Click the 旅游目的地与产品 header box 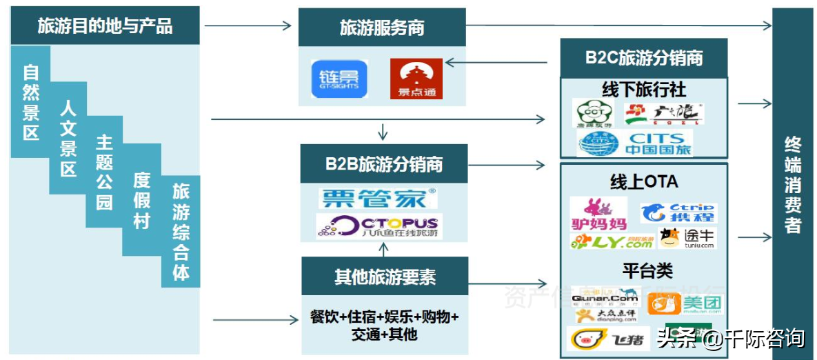point(105,26)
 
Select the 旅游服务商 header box point(382,28)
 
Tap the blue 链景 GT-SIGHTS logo point(339,79)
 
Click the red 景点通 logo point(416,79)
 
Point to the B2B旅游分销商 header point(384,164)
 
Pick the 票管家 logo point(378,199)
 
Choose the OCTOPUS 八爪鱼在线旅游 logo point(379,226)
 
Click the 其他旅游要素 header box point(385,277)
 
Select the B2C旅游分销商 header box point(644,58)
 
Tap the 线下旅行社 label point(644,89)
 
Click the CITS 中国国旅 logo point(635,143)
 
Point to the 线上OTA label point(644,181)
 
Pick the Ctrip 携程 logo point(678,212)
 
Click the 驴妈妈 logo point(598,214)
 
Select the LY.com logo point(612,241)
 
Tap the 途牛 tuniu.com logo point(687,238)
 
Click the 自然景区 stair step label point(31,101)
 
